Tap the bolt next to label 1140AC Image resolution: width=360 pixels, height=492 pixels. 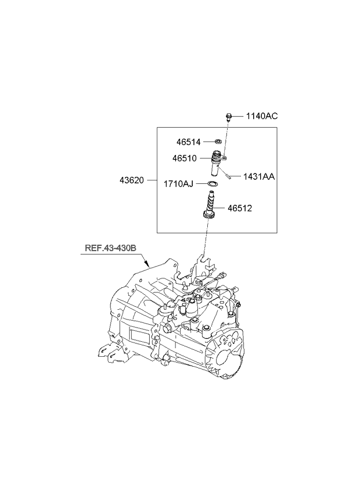click(229, 117)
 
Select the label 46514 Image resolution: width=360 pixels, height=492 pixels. click(189, 141)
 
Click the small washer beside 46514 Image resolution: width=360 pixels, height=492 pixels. click(218, 141)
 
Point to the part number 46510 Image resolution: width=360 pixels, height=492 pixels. click(188, 158)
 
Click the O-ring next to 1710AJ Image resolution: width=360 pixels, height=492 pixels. click(213, 184)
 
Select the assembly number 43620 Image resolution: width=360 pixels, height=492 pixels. click(133, 180)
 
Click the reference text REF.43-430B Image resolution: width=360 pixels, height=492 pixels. click(111, 249)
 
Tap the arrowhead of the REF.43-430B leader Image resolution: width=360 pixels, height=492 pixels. click(149, 265)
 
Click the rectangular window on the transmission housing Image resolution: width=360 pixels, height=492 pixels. click(139, 337)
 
